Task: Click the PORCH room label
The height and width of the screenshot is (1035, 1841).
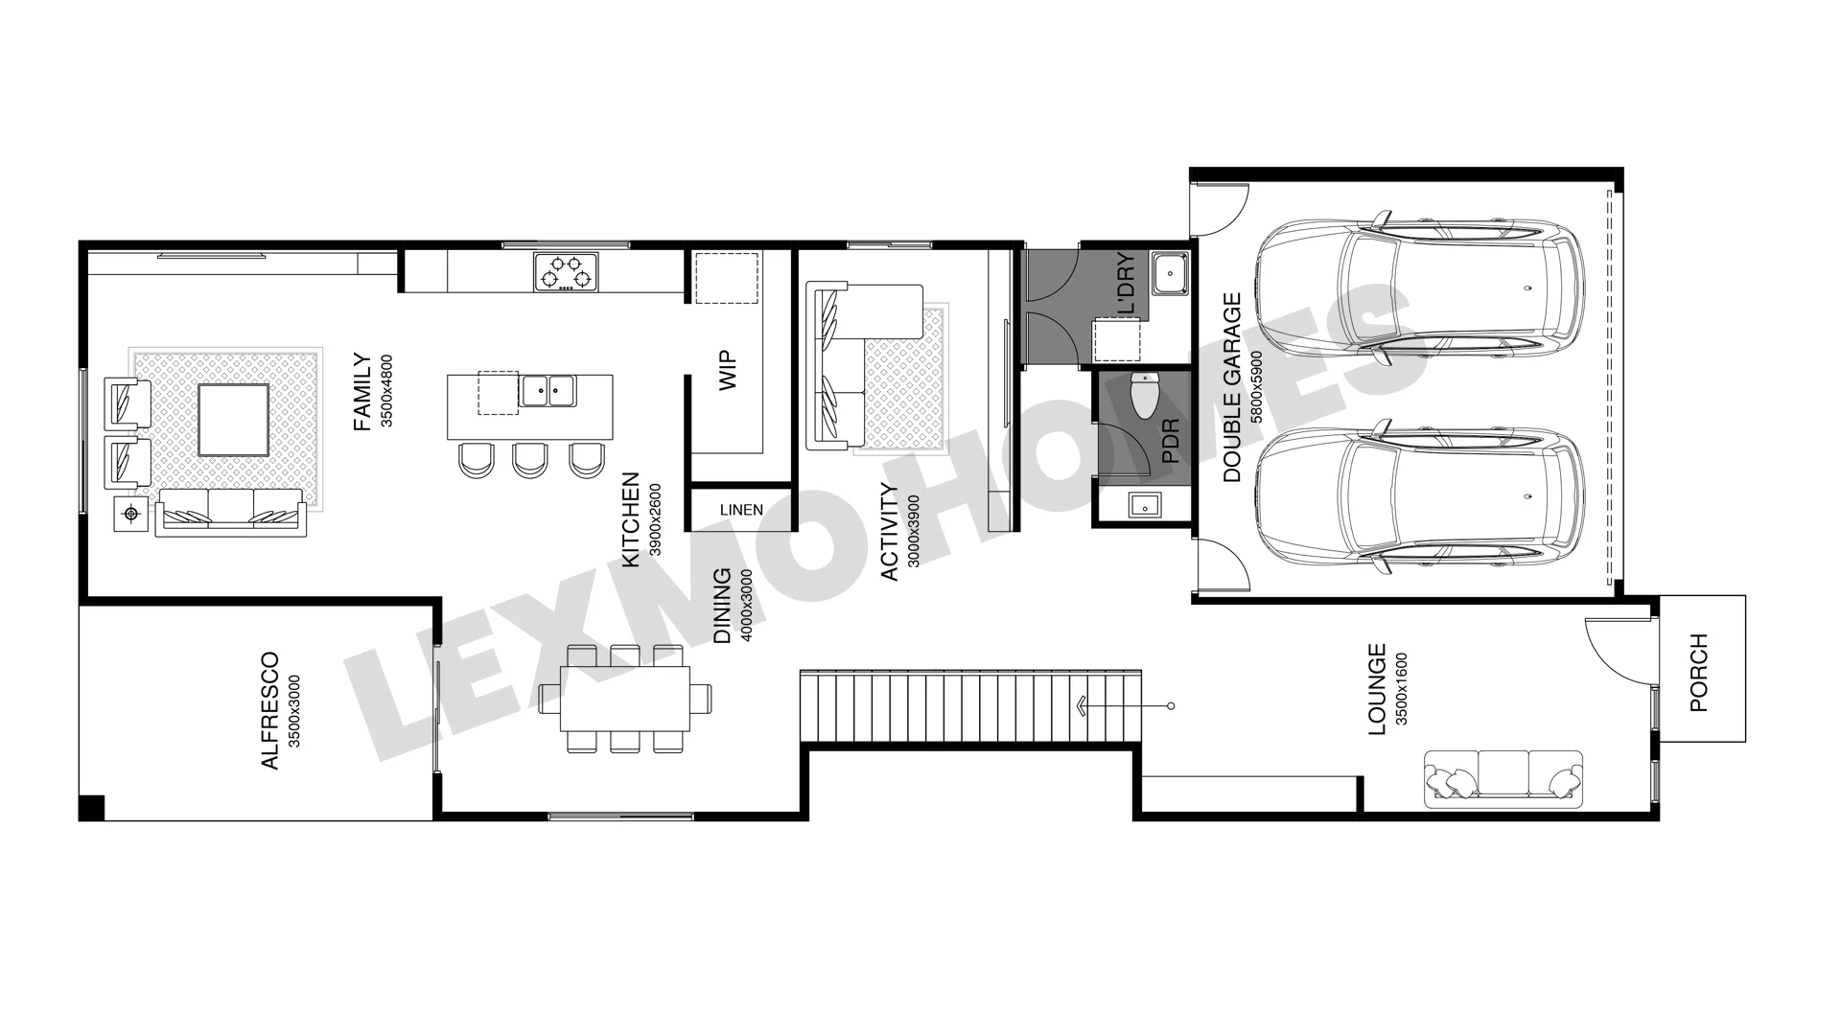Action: tap(1698, 672)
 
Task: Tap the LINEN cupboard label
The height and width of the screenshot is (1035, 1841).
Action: tap(741, 510)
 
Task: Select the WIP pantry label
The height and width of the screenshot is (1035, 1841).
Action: tap(728, 371)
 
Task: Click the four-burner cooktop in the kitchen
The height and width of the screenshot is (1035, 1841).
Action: tap(567, 271)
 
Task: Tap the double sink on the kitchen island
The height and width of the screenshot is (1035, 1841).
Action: tap(548, 390)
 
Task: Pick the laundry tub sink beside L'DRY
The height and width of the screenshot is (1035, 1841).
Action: tap(1169, 275)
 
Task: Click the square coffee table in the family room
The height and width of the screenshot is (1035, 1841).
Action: tap(233, 419)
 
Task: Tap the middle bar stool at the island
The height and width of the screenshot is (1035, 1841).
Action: tap(529, 460)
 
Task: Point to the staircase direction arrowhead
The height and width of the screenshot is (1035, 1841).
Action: tap(1082, 706)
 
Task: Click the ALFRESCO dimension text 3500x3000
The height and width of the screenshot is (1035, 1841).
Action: tap(294, 711)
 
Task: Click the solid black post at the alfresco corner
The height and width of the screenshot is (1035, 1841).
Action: tap(91, 808)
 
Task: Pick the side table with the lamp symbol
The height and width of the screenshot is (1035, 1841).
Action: tap(130, 515)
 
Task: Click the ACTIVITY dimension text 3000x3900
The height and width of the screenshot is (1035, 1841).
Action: tap(912, 532)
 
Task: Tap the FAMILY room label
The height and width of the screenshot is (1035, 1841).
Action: tap(361, 392)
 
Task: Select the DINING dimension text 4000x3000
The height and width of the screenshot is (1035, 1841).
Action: tap(747, 606)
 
